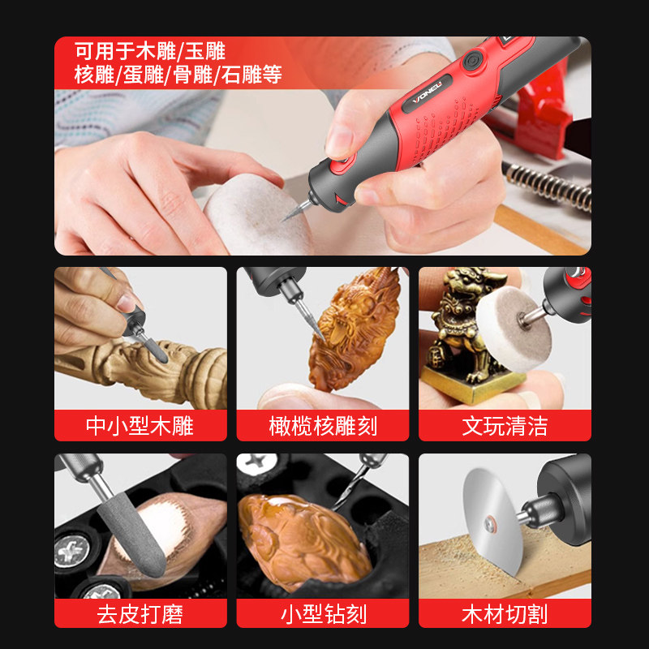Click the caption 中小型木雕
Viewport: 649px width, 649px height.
pyautogui.click(x=140, y=425)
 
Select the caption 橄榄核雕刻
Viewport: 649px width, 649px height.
pyautogui.click(x=323, y=425)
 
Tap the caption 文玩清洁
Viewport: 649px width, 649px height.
pyautogui.click(x=505, y=425)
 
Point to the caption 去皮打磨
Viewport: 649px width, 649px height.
pyautogui.click(x=140, y=613)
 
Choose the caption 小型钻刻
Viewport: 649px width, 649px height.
pyautogui.click(x=323, y=613)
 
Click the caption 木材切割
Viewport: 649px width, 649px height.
pyautogui.click(x=505, y=613)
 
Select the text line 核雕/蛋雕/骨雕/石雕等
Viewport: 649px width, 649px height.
pyautogui.click(x=178, y=75)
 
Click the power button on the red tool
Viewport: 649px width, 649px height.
pyautogui.click(x=474, y=60)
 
